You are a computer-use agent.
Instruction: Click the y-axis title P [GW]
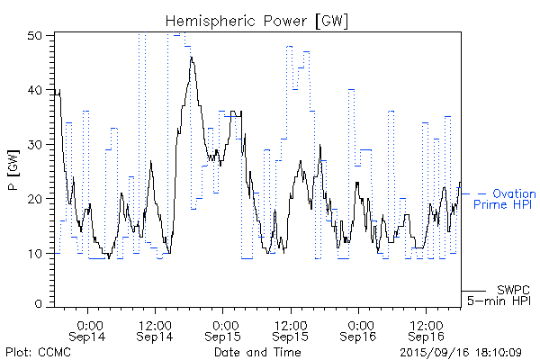point(13,169)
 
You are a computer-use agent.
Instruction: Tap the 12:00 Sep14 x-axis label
point(156,329)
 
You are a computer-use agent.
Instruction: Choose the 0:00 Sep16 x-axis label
point(360,329)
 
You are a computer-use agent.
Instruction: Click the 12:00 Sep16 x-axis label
point(427,329)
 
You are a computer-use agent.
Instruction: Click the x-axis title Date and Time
point(257,352)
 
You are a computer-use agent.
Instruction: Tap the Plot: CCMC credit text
point(38,352)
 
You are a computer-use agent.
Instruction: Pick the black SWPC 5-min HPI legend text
point(504,293)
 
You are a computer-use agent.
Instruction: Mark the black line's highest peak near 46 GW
point(192,58)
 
